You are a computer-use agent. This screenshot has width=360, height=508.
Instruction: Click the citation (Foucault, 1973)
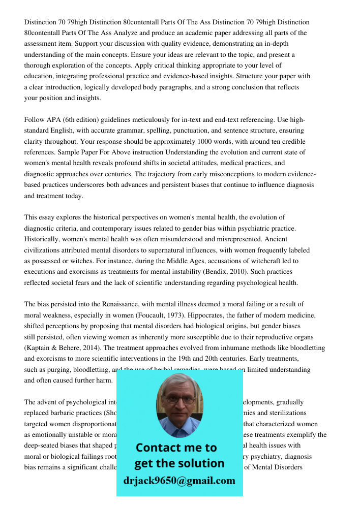click(x=165, y=315)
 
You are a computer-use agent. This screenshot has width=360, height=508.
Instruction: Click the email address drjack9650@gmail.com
click(x=179, y=481)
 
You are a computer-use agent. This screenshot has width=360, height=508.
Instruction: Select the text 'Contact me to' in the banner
click(x=176, y=448)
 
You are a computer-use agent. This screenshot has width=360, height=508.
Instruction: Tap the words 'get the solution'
click(x=179, y=463)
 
